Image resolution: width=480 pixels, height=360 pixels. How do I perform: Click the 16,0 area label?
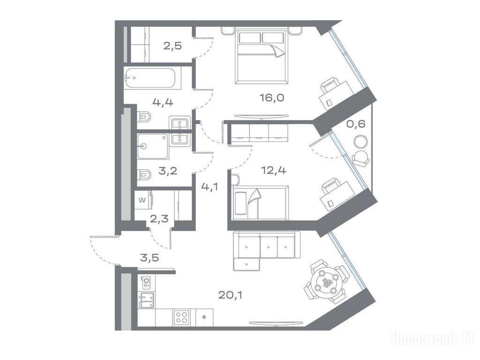[x=272, y=98]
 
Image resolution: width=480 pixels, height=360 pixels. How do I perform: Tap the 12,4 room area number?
[x=273, y=170]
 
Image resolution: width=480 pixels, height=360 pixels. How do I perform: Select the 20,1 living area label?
[x=230, y=295]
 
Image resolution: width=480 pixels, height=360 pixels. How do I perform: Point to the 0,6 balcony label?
[x=356, y=124]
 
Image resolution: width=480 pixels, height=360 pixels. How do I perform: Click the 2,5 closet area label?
[x=172, y=46]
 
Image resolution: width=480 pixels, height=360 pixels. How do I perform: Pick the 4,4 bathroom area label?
[x=163, y=102]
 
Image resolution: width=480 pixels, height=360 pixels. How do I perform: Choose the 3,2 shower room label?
[x=168, y=171]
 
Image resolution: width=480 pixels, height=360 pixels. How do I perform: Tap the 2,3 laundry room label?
[x=159, y=219]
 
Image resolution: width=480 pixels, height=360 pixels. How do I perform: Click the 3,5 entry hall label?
[x=150, y=258]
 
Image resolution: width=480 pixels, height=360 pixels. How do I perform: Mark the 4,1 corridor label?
[x=210, y=186]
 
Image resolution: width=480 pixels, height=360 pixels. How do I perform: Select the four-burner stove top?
[x=181, y=317]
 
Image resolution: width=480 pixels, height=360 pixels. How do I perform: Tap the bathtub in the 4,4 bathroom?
[x=150, y=78]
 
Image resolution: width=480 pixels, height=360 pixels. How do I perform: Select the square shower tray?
[x=153, y=146]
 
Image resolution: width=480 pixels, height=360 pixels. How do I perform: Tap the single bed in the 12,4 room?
[x=260, y=202]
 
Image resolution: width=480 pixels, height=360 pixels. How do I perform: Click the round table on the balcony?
[x=360, y=142]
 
